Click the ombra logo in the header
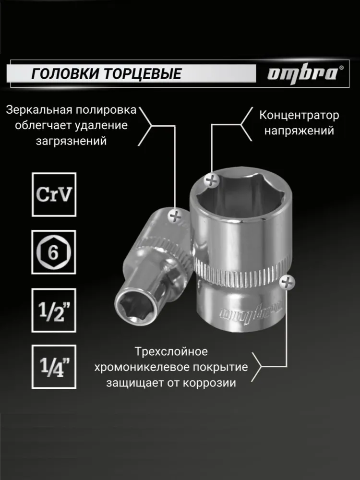(302, 74)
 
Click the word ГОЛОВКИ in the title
(65, 74)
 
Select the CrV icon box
(54, 195)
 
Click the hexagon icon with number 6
(54, 252)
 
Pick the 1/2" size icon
(54, 310)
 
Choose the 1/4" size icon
(54, 367)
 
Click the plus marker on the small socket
(175, 217)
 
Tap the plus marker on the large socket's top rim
(211, 180)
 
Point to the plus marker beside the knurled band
(287, 282)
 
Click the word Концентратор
(299, 115)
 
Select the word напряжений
(299, 131)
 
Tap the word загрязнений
(72, 141)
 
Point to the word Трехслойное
(171, 351)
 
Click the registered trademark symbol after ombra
(341, 68)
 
